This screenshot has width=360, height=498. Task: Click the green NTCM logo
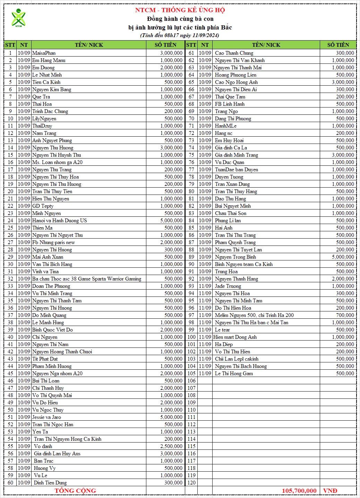click(x=18, y=18)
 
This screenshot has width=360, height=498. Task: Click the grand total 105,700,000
click(x=299, y=490)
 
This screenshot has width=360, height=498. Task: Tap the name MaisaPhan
click(x=44, y=53)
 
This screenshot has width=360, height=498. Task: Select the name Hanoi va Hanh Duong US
click(x=59, y=221)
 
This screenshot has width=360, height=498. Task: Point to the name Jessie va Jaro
click(x=46, y=417)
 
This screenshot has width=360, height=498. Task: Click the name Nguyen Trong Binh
click(x=235, y=257)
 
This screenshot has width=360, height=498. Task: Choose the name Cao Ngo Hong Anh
click(x=236, y=82)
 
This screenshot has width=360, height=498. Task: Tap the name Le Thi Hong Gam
click(x=234, y=373)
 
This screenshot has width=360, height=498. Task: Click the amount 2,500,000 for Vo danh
click(x=171, y=446)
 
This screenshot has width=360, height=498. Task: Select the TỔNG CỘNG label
click(x=75, y=490)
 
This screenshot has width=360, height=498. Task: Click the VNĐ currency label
click(x=330, y=490)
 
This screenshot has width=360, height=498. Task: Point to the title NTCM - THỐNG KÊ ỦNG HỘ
click(x=180, y=10)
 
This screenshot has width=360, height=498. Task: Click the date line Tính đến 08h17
click(x=180, y=35)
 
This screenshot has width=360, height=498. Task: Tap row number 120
click(x=191, y=483)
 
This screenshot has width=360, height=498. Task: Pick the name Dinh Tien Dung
click(x=50, y=483)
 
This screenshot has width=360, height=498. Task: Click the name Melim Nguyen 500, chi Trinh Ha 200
click(x=254, y=315)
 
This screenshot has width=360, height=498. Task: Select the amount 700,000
click(x=345, y=315)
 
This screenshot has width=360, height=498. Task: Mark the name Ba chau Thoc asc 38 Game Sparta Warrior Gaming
click(x=87, y=279)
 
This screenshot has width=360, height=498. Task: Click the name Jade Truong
click(x=228, y=286)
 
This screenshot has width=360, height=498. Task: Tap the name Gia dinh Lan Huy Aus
click(x=57, y=454)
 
